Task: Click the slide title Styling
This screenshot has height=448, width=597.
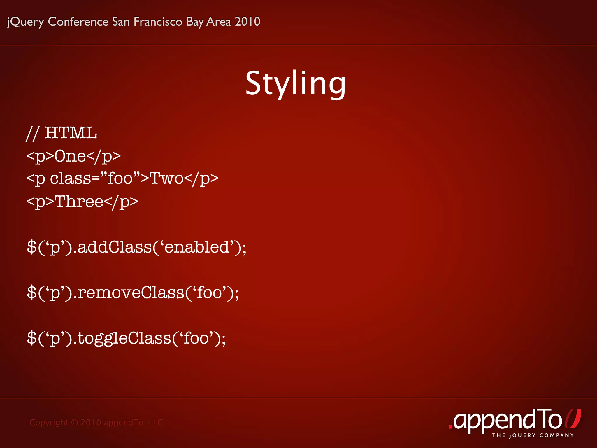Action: [x=295, y=84]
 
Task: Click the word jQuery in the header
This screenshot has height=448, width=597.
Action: [x=25, y=22]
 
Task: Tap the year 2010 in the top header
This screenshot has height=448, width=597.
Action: [x=247, y=22]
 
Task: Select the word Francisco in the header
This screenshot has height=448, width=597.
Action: [x=158, y=22]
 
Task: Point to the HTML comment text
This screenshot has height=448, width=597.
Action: [x=62, y=133]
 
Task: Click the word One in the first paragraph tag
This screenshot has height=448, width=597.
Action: [x=70, y=156]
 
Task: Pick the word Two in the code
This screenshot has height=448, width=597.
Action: [x=166, y=178]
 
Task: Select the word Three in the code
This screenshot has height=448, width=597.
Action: [x=79, y=201]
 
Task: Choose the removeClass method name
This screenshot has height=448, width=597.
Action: [x=131, y=293]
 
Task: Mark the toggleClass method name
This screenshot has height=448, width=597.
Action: [x=124, y=338]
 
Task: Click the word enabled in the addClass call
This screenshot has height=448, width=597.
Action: [x=197, y=247]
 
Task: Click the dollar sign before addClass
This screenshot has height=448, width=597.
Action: [x=31, y=247]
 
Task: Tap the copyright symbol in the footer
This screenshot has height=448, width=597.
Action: [x=75, y=422]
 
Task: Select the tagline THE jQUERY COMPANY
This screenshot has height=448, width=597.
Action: [x=533, y=435]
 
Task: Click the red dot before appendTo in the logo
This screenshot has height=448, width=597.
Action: [x=450, y=427]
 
